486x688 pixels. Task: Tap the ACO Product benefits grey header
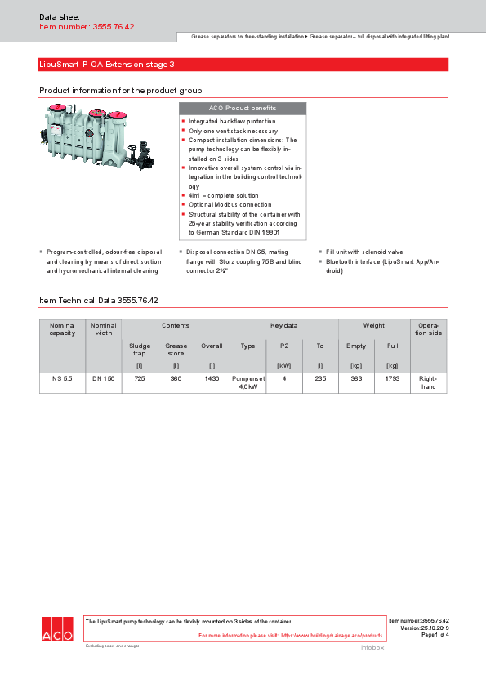click(242, 108)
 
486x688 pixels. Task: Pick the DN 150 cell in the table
click(103, 379)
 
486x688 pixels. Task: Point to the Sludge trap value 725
click(140, 379)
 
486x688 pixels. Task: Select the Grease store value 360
click(176, 379)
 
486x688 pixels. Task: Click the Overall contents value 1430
click(212, 379)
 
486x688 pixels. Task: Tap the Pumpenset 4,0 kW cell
click(247, 382)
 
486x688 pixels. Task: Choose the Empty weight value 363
click(356, 379)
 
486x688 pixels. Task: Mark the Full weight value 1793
click(392, 379)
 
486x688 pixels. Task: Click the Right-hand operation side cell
click(428, 382)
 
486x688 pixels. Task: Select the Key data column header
click(283, 325)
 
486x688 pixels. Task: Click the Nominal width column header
click(103, 328)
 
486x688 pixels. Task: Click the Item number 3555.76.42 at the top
click(87, 27)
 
